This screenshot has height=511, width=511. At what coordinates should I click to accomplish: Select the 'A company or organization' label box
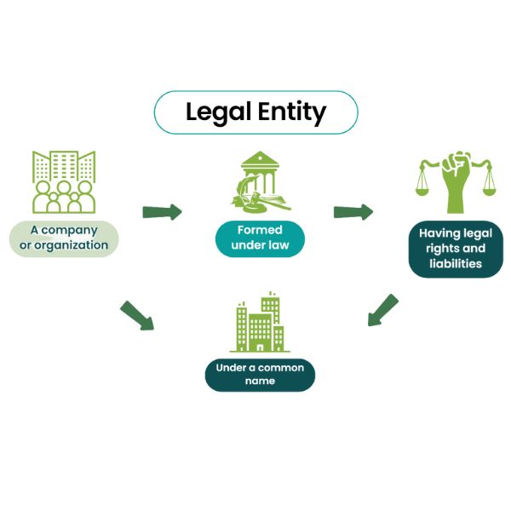[x=64, y=238]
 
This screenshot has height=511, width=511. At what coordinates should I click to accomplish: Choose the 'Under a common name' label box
[x=260, y=375]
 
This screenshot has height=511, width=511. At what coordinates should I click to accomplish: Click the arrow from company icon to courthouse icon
[x=162, y=211]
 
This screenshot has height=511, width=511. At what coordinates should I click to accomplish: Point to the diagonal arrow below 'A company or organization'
[x=136, y=315]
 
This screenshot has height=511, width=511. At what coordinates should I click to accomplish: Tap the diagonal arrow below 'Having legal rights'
[x=383, y=310]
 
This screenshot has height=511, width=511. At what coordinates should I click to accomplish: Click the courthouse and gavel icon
[x=259, y=181]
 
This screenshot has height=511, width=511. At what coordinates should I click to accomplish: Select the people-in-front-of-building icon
[x=62, y=181]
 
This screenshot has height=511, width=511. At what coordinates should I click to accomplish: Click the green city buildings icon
[x=260, y=324]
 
